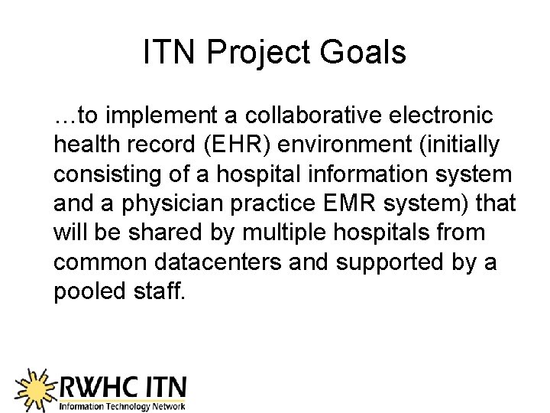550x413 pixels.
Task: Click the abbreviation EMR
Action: tap(340, 203)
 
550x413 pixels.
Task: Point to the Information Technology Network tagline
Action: tap(122, 405)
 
